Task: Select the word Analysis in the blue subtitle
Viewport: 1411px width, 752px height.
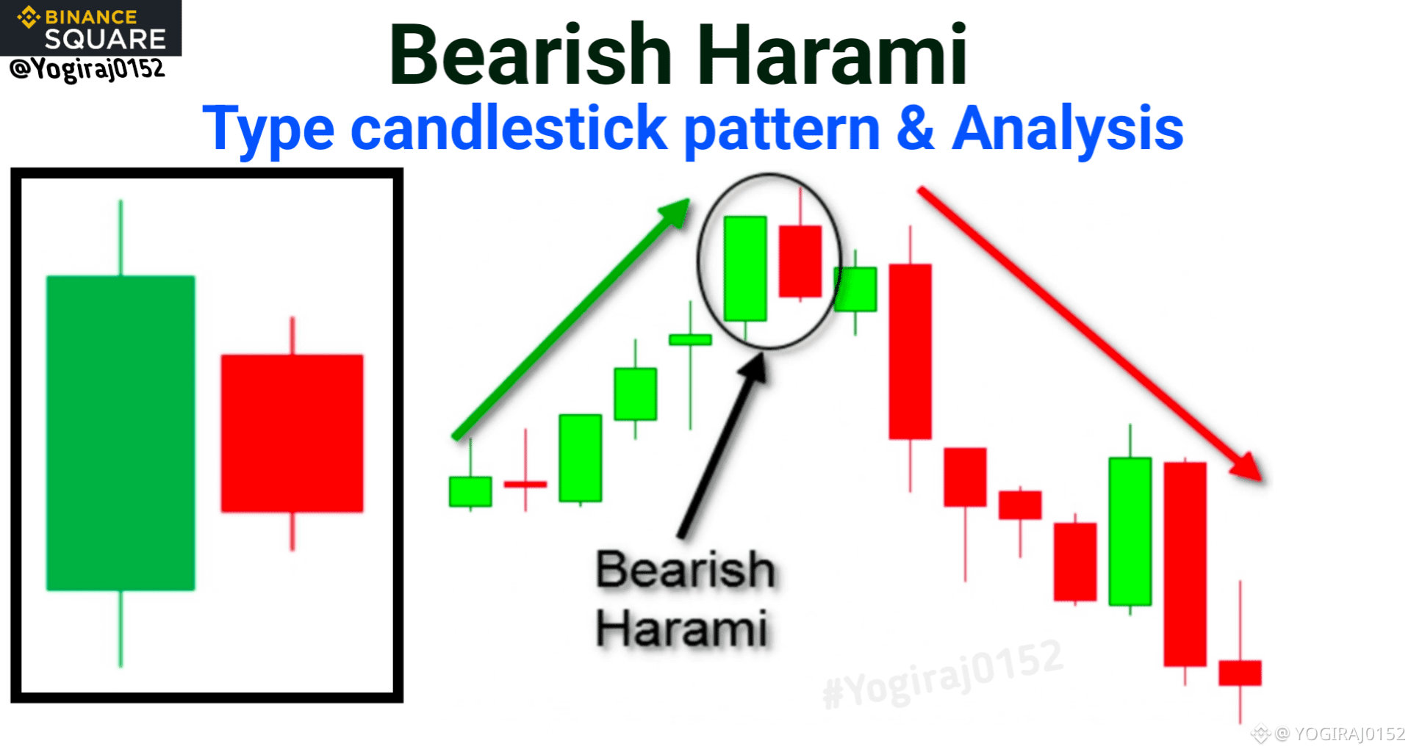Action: [1067, 129]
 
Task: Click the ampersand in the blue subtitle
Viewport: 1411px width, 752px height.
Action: [915, 128]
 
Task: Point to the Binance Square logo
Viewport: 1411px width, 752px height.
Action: [90, 28]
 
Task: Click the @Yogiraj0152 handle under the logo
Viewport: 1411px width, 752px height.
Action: [87, 70]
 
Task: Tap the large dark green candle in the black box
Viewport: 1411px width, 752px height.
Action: [121, 433]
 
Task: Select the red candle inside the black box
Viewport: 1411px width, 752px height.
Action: [292, 433]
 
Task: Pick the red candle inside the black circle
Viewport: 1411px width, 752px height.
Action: [800, 261]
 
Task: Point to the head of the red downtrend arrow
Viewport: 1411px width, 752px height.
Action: [1246, 466]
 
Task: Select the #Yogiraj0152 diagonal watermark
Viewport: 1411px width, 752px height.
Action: [943, 674]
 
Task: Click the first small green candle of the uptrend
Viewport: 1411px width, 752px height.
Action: [470, 491]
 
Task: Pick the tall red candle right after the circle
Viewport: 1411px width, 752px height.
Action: [911, 352]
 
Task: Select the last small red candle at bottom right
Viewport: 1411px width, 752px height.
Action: [1241, 673]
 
